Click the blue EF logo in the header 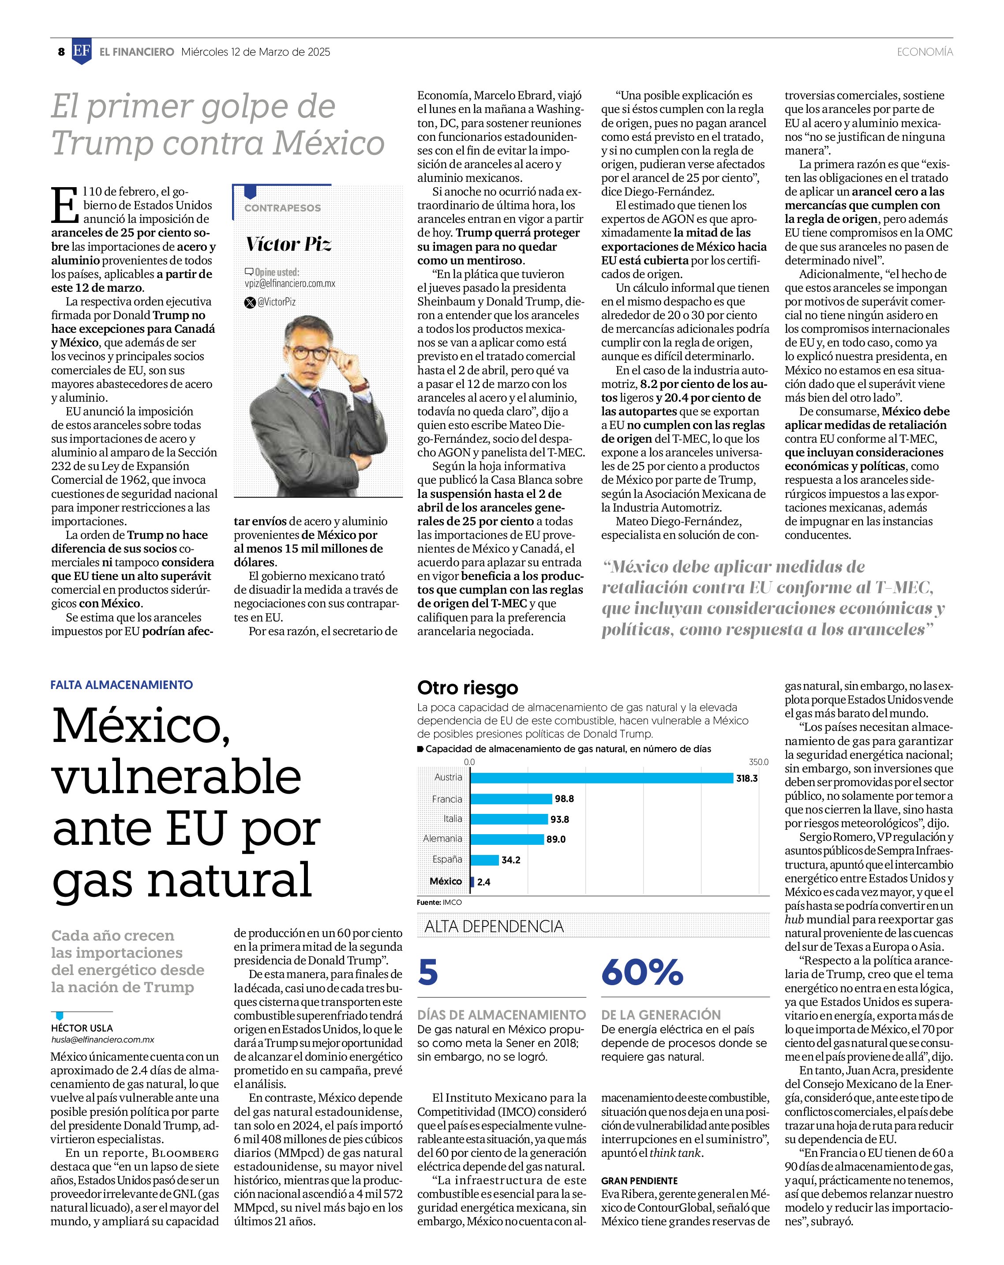[x=82, y=52]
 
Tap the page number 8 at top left [x=61, y=52]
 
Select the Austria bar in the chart [x=601, y=778]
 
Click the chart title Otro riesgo [x=468, y=687]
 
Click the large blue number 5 [x=428, y=972]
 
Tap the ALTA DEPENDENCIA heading [x=494, y=926]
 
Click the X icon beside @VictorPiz [x=249, y=302]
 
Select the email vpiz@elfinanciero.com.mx [x=290, y=283]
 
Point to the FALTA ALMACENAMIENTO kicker [x=121, y=684]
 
